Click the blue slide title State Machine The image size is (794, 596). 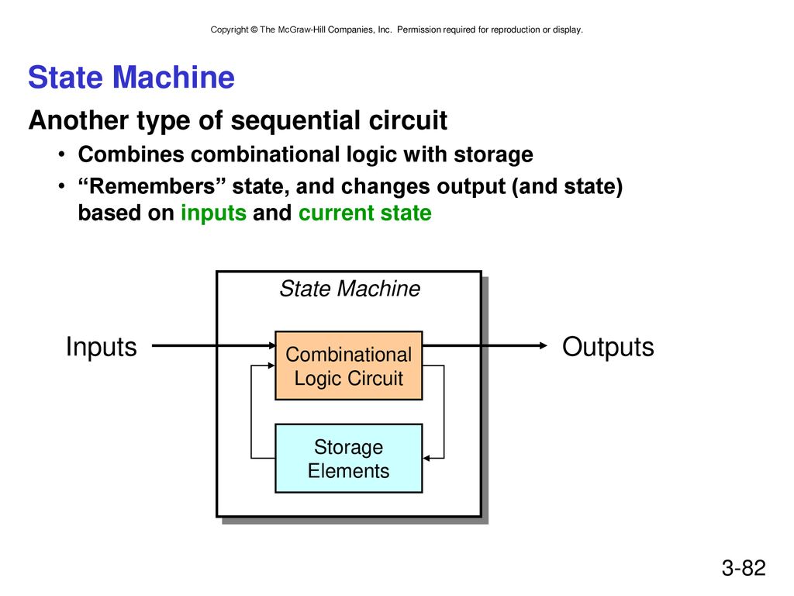click(x=131, y=78)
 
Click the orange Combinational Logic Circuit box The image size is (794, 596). click(x=348, y=366)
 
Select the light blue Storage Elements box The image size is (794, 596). click(x=348, y=458)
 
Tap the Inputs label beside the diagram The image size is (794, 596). click(x=102, y=348)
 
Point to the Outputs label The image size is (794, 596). click(x=608, y=348)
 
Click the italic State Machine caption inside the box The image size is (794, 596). click(x=350, y=289)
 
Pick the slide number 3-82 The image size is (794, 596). click(x=744, y=567)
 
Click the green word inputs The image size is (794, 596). click(x=214, y=213)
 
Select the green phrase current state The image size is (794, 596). click(x=364, y=213)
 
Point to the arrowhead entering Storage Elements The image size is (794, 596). click(x=426, y=458)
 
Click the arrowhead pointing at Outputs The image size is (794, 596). click(x=544, y=345)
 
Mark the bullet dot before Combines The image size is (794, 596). click(x=61, y=154)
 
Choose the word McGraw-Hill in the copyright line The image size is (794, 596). click(x=302, y=30)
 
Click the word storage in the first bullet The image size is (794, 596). click(x=493, y=155)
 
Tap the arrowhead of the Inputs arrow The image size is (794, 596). click(x=272, y=345)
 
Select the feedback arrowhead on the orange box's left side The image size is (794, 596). click(x=271, y=366)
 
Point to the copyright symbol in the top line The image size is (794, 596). click(x=254, y=30)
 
